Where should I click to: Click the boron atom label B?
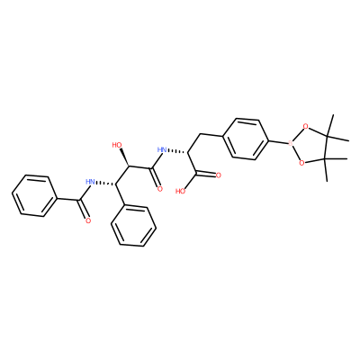tap(290, 144)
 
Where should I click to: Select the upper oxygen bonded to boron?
tap(305, 126)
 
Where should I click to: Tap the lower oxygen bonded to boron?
tap(301, 163)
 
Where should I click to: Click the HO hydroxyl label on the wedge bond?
tap(117, 145)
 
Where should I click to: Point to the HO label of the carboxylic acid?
tap(181, 191)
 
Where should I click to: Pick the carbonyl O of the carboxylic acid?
tap(218, 175)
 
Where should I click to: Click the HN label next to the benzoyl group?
tap(90, 182)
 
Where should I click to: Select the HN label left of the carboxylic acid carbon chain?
tap(162, 149)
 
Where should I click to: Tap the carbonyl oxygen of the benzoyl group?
tap(88, 221)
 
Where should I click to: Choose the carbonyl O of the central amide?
tap(160, 189)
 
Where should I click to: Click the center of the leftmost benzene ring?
tap(34, 196)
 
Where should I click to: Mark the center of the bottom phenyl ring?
tap(133, 225)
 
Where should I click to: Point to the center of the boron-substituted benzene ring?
tap(246, 139)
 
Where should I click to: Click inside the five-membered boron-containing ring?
tap(312, 145)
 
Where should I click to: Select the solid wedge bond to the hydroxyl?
tap(124, 157)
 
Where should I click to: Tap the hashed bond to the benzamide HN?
tap(105, 184)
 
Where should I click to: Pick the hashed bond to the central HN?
tap(177, 151)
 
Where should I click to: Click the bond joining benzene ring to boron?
tap(278, 142)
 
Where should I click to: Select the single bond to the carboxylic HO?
tap(191, 181)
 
